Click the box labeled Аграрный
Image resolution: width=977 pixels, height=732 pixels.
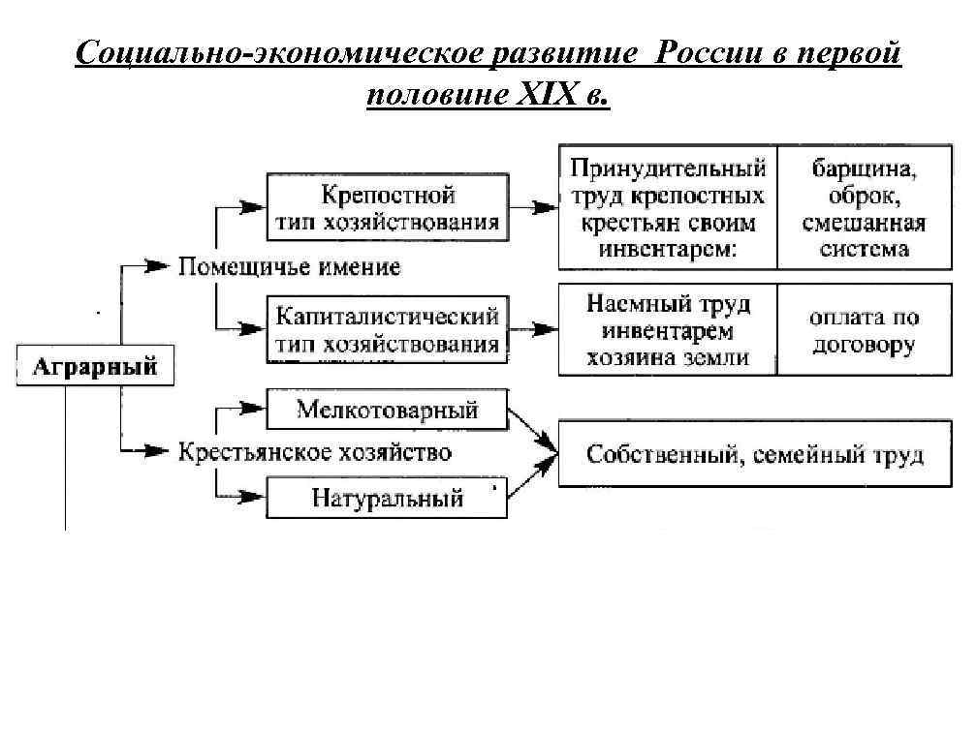pyautogui.click(x=95, y=367)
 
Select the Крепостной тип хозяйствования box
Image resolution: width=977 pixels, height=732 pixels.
pyautogui.click(x=388, y=208)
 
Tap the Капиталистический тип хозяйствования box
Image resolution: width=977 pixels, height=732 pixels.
pyautogui.click(x=388, y=330)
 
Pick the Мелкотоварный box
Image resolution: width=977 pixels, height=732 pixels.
pyautogui.click(x=388, y=411)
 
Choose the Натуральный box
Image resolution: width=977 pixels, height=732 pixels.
pyautogui.click(x=388, y=499)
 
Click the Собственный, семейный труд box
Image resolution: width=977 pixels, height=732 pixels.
pyautogui.click(x=755, y=455)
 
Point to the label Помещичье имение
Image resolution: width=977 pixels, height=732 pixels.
pyautogui.click(x=289, y=265)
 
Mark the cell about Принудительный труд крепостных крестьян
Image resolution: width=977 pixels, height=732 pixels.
pyautogui.click(x=668, y=208)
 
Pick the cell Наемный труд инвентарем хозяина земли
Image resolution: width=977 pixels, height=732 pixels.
pyautogui.click(x=668, y=330)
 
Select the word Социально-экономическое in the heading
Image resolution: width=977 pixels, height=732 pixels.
pyautogui.click(x=261, y=53)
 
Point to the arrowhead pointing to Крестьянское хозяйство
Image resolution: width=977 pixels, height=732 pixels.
pyautogui.click(x=155, y=450)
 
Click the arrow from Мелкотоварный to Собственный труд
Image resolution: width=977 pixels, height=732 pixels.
pyautogui.click(x=532, y=431)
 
